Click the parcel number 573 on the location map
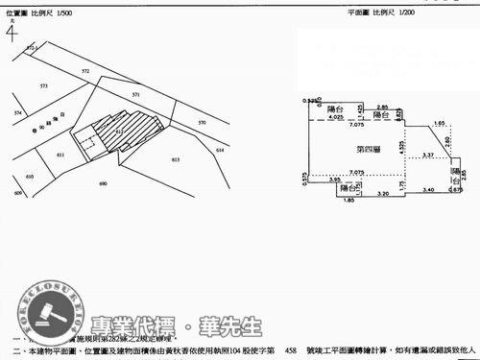[x=44, y=86]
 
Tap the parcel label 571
[x=135, y=94]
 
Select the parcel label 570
[x=202, y=123]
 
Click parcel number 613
[x=175, y=159]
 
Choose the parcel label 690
[x=103, y=182]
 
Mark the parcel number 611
[x=60, y=155]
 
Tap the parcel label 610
[x=30, y=177]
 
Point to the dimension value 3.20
[x=382, y=193]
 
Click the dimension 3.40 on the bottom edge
[x=427, y=190]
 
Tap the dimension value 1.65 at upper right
[x=439, y=123]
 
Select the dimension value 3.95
[x=335, y=180]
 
